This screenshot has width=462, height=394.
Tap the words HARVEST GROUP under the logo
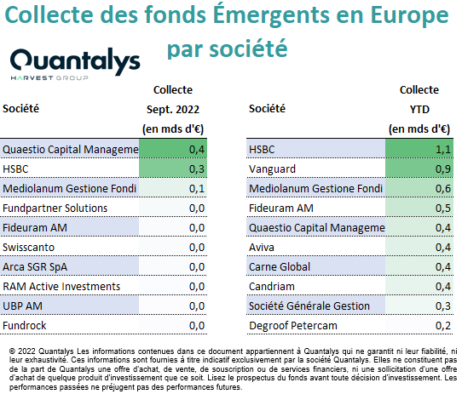tap(49, 78)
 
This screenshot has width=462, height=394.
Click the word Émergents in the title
tap(271, 15)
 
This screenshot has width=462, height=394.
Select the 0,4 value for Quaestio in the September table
tap(197, 150)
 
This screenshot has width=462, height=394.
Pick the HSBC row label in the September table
tap(15, 169)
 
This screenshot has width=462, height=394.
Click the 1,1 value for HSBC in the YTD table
tap(443, 150)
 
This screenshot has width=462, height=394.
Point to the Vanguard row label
tap(272, 169)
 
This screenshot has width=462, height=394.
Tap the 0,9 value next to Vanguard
tap(443, 169)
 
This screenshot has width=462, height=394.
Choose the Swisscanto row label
tap(29, 248)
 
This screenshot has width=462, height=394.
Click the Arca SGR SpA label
tap(35, 267)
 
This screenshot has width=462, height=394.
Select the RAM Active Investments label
tap(61, 287)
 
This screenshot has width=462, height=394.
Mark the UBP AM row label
tap(22, 306)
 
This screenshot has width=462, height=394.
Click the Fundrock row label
tap(25, 326)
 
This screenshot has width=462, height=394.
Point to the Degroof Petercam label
tap(293, 326)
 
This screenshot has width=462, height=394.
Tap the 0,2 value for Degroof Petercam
tap(443, 326)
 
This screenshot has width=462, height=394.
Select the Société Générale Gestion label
tap(309, 306)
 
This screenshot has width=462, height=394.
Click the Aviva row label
tap(262, 248)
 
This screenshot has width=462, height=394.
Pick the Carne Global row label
tap(280, 267)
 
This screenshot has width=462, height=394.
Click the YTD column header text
tap(419, 110)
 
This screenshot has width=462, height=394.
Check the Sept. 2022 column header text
tap(173, 110)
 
